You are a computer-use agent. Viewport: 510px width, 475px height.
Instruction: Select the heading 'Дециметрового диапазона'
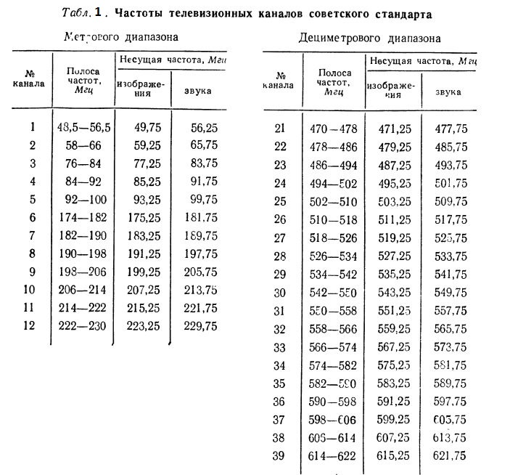(x=370, y=37)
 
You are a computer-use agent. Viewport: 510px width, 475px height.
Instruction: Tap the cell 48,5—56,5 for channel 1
(x=83, y=127)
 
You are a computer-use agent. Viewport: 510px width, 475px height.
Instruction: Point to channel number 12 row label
(x=30, y=326)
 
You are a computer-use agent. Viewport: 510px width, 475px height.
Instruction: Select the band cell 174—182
(x=83, y=217)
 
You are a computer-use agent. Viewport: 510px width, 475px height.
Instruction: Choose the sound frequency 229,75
(x=202, y=326)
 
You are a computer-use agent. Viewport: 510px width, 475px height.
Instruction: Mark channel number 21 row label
(x=279, y=129)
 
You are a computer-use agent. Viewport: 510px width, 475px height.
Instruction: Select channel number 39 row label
(x=279, y=455)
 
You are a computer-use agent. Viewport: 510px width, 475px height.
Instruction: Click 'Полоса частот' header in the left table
(x=83, y=81)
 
